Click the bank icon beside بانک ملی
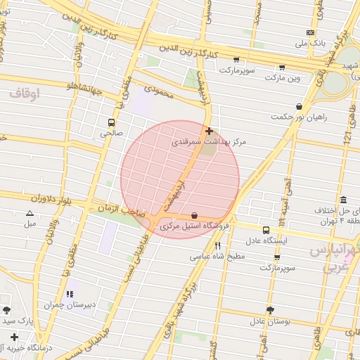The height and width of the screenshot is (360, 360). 310,32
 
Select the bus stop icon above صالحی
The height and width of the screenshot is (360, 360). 112,122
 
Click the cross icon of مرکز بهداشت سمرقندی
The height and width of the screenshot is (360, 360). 209,131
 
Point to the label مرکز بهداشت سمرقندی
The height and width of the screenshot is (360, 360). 210,142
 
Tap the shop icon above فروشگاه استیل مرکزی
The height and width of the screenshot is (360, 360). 194,215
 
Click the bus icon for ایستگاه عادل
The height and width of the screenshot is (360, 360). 266,230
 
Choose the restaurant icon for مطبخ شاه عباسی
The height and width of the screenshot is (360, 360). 218,245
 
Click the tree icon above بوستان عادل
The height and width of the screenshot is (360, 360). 270,310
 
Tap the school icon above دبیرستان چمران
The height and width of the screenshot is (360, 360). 69,294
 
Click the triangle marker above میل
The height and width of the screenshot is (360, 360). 30,213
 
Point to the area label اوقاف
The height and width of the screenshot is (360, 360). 25,92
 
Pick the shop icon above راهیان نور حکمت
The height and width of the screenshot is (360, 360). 300,106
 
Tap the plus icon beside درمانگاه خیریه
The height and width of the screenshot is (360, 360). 15,337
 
